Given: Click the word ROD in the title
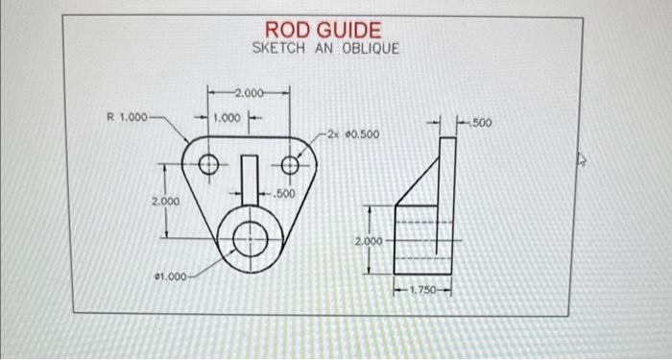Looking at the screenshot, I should pos(286,31).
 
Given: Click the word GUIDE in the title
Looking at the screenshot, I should pos(345,31).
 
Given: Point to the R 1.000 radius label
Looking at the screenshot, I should pos(127,117).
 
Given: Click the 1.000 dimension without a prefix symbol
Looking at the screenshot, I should pos(228,117).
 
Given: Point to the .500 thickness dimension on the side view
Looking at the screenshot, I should pos(480,124).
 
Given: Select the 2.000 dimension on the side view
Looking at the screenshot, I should pos(370,241).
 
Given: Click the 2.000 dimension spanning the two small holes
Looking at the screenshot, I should pos(249,93).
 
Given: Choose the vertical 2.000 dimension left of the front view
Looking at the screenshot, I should pos(166,202).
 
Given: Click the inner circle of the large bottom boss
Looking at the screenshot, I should pos(250,233).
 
